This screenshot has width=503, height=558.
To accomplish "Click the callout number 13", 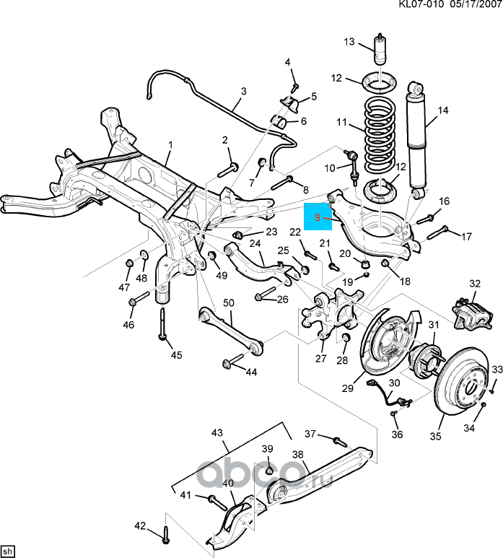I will pos(349,42).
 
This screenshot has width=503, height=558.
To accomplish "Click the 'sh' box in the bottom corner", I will pos(8,552).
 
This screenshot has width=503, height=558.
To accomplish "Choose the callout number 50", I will pos(229,303).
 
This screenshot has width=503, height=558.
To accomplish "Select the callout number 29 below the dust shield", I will pos(348,388).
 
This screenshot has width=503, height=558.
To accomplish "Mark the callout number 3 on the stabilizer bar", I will pos(244,92).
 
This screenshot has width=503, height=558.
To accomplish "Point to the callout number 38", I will pos(297,455).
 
